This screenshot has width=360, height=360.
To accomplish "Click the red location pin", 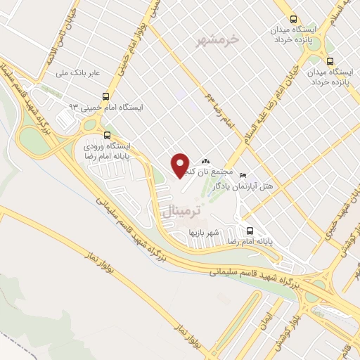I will [180, 166].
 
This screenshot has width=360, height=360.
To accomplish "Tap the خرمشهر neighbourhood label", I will [220, 39].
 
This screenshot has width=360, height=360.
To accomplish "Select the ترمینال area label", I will [181, 211].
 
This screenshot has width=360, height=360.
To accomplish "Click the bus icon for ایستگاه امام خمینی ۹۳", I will [105, 96].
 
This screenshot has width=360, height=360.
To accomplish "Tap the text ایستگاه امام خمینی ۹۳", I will [105, 108].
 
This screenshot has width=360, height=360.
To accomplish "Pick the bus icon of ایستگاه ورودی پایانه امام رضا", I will [107, 135].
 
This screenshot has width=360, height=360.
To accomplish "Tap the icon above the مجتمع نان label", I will [206, 162].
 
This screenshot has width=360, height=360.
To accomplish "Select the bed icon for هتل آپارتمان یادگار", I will [243, 175].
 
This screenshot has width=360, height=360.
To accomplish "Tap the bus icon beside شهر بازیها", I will [250, 230].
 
